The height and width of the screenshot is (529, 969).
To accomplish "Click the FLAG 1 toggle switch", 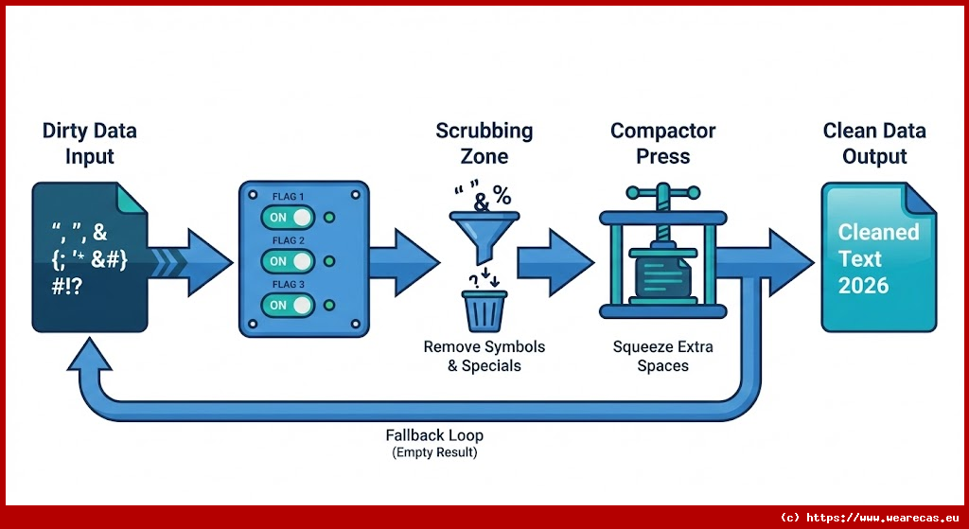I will (288, 217).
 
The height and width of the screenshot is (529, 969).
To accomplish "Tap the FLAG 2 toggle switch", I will (288, 261).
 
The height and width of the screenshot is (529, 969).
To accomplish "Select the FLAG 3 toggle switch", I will (288, 305).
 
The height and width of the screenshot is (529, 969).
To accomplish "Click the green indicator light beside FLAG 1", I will (328, 218).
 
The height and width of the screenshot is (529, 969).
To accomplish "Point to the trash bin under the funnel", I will (484, 310).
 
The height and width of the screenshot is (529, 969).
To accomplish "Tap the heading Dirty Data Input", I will (90, 144).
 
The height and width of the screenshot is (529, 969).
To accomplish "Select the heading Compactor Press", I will (662, 144).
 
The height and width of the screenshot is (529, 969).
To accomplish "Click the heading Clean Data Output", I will (874, 144).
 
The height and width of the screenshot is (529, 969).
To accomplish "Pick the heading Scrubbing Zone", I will (484, 144).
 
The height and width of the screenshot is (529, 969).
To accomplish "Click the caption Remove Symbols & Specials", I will (484, 356).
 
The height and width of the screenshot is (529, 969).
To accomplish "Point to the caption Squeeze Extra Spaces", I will (662, 356).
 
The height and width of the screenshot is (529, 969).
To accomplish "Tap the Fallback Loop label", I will (434, 435).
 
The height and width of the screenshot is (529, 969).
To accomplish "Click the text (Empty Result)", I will (434, 452).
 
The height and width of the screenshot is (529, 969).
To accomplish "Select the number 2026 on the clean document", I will (864, 285).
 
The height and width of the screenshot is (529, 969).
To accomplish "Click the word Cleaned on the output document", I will (878, 232).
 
